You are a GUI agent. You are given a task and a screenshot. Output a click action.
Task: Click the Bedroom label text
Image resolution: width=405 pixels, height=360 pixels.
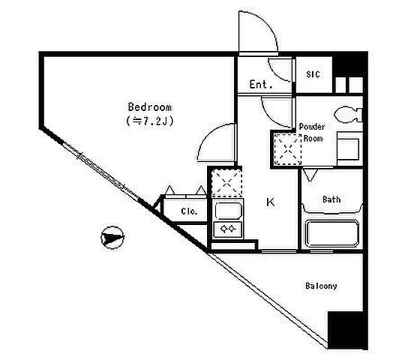pyautogui.click(x=150, y=107)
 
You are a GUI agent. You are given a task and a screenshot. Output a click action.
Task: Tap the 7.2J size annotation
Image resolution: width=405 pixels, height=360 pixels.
pyautogui.click(x=150, y=121)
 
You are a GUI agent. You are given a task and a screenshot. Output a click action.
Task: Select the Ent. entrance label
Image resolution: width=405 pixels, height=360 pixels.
pyautogui.click(x=261, y=84)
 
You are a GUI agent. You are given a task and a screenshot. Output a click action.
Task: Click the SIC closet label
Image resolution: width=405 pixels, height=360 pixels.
pyautogui.click(x=313, y=74)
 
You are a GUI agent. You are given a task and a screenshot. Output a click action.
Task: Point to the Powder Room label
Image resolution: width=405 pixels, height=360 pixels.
pyautogui.click(x=312, y=133)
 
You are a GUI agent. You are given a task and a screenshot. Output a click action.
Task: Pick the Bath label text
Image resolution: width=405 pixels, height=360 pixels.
pyautogui.click(x=331, y=199)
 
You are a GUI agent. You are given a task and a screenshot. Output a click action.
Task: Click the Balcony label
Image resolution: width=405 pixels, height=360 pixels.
pyautogui.click(x=321, y=286)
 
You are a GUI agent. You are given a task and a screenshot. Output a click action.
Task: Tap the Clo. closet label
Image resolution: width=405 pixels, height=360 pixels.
pyautogui.click(x=189, y=211)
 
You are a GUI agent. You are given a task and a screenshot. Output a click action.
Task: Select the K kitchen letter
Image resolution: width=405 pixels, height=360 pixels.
pyautogui.click(x=271, y=202)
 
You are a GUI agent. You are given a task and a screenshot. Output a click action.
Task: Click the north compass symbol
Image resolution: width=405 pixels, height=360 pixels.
pyautogui.click(x=112, y=237)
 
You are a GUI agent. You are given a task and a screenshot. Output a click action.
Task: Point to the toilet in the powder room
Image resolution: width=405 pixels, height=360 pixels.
pyautogui.click(x=348, y=114)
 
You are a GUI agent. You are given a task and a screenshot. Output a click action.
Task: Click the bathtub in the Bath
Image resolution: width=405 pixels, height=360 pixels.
pyautogui.click(x=332, y=234)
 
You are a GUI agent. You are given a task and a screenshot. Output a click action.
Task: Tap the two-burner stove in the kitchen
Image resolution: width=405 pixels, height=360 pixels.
pyautogui.click(x=227, y=229)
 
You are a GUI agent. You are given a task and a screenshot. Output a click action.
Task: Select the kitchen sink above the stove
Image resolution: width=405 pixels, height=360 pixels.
pyautogui.click(x=228, y=211)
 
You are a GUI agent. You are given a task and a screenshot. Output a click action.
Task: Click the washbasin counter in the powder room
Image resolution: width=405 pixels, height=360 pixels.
pyautogui.click(x=349, y=148)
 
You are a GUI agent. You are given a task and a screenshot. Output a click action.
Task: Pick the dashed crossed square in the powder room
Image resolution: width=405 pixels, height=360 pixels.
pyautogui.click(x=287, y=149)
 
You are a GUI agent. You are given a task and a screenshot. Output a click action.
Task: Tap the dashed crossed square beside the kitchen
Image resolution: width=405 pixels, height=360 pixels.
pyautogui.click(x=226, y=183)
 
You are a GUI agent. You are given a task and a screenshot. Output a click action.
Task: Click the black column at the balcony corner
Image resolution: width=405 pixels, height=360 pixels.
pyautogui.click(x=347, y=330)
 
